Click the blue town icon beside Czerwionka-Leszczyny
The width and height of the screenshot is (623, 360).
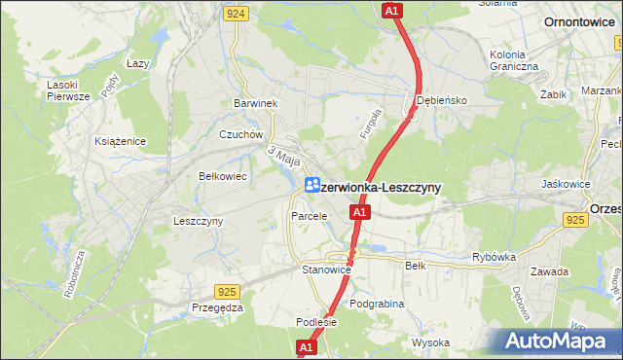click(312, 184)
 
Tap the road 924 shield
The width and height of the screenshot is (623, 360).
click(235, 14)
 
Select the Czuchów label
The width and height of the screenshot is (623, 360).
click(241, 134)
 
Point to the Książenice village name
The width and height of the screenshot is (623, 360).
click(120, 141)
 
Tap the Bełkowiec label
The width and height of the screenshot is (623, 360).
click(222, 176)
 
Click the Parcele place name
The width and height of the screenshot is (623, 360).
click(310, 215)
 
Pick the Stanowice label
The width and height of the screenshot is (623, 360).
click(325, 270)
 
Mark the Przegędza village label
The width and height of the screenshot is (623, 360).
click(217, 306)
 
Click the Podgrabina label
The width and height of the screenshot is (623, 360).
click(377, 304)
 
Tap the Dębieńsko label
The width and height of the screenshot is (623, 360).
click(442, 100)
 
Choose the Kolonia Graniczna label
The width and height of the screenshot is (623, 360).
click(515, 59)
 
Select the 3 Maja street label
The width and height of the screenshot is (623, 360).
click(283, 155)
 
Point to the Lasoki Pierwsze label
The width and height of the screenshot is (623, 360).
click(68, 90)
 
